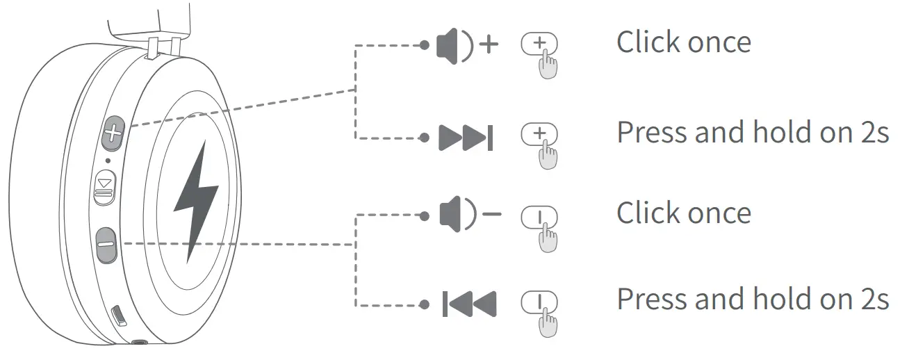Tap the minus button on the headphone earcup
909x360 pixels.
pos(106,245)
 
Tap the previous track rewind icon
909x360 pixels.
pos(469,303)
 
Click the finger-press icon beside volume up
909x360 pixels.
pos(541,54)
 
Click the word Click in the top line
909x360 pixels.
pos(647,42)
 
